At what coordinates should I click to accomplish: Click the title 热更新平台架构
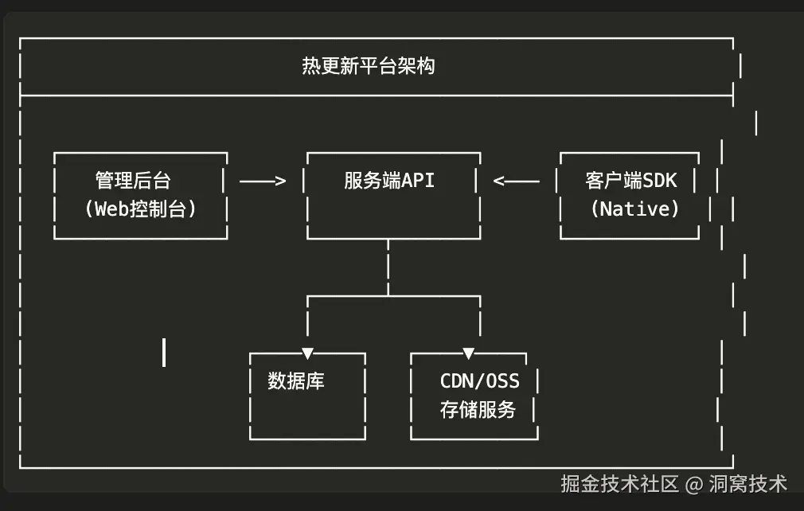368,66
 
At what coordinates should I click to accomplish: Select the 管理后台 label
133,181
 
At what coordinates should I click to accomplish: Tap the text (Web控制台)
140,209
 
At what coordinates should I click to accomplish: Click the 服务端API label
389,181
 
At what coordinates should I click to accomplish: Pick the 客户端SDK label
630,181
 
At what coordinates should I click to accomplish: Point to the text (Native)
634,209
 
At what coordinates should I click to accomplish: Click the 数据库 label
296,381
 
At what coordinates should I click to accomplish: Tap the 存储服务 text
478,410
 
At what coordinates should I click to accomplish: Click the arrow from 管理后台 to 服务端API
263,181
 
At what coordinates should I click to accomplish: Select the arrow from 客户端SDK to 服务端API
516,181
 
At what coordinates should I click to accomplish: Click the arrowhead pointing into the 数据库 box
307,353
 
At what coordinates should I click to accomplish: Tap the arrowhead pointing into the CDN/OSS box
468,353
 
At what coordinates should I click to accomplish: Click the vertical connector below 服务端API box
388,267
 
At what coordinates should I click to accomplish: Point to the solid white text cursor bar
164,352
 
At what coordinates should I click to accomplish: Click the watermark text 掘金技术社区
619,483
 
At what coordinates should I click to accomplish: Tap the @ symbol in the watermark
694,484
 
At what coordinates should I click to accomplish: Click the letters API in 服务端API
418,181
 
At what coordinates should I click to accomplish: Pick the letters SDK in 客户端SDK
660,181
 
